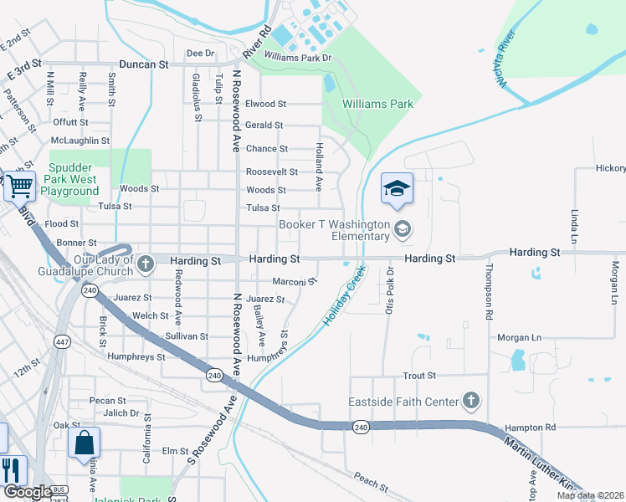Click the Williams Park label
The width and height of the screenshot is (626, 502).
[x=378, y=105]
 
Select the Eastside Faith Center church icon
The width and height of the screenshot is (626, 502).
[x=471, y=401]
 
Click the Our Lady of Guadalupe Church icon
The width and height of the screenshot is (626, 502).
[x=146, y=264]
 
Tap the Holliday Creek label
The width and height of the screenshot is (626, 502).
[x=345, y=295]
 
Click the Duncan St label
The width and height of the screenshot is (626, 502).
[x=144, y=64]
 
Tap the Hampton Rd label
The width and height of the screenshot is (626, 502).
[x=530, y=428]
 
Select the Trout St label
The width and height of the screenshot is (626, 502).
[x=419, y=376]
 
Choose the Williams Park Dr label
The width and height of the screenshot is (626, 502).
[x=297, y=57]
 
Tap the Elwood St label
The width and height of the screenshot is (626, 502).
[x=265, y=105]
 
